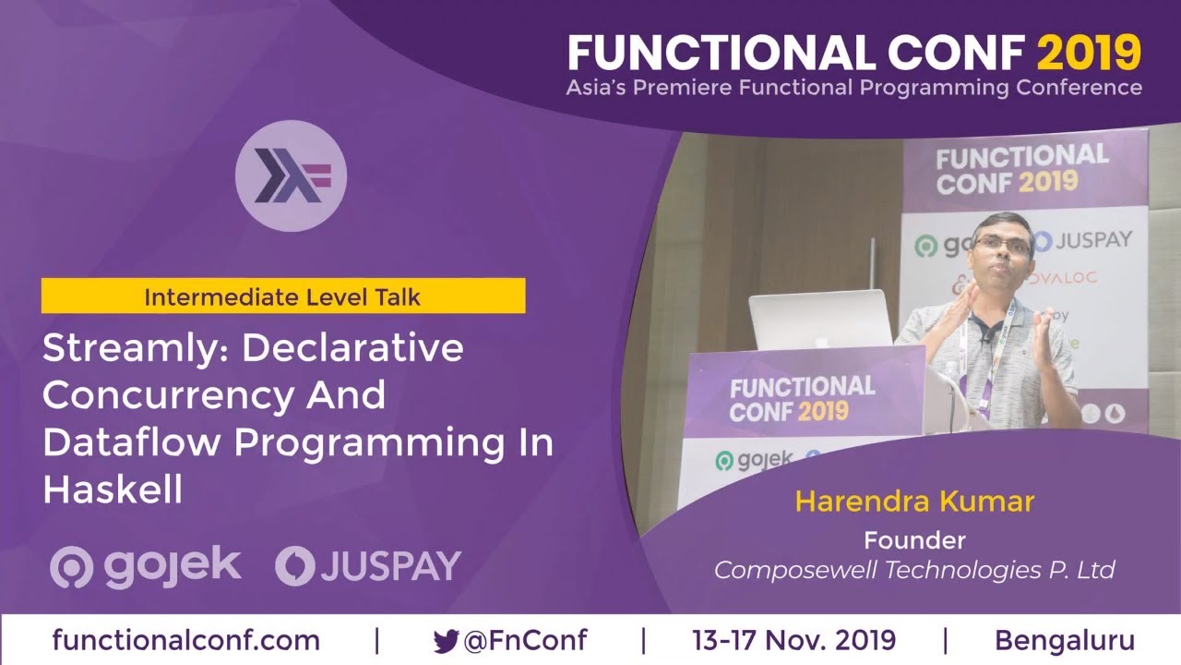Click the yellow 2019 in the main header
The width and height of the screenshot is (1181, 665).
point(1089,54)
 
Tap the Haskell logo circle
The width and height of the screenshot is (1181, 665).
point(291,175)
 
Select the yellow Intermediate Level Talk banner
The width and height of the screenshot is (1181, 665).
point(282,296)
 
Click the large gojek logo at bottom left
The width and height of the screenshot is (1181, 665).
point(146,565)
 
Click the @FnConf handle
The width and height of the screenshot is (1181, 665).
point(524,640)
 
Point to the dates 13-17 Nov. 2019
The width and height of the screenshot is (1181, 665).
point(793,640)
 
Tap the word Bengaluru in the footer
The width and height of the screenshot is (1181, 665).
point(1064,640)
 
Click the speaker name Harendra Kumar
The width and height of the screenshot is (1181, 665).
point(913,502)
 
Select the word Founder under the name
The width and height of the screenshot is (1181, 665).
point(913,539)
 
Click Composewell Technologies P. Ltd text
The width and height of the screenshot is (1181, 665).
point(913,569)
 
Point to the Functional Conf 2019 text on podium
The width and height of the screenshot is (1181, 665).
point(801,398)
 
